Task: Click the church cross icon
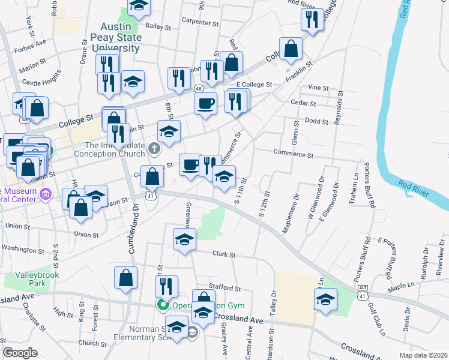(x=154, y=148)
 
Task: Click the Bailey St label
(x=158, y=26)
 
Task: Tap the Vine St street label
(x=318, y=88)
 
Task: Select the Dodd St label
(x=316, y=121)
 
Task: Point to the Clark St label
(x=224, y=254)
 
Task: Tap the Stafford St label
(x=224, y=289)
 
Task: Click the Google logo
(x=20, y=352)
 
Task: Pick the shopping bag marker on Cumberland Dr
(x=126, y=277)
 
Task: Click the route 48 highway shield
(x=197, y=88)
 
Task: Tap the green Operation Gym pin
(x=162, y=305)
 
